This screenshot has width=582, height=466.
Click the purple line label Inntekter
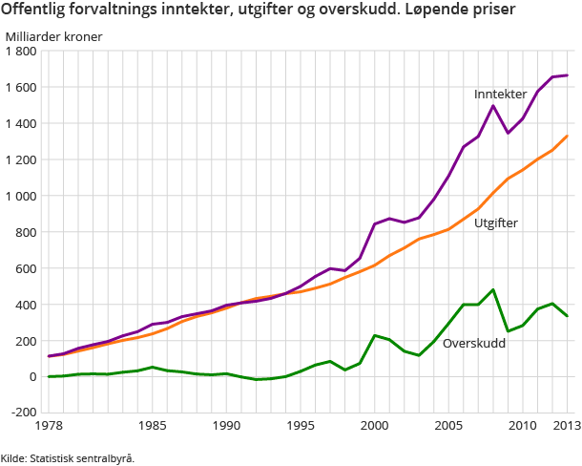pyautogui.click(x=500, y=95)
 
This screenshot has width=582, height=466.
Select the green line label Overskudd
pyautogui.click(x=474, y=342)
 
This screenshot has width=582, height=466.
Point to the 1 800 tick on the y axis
pyautogui.click(x=20, y=52)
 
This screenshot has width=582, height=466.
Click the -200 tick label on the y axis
pyautogui.click(x=20, y=413)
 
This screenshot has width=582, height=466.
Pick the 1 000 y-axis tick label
pyautogui.click(x=20, y=196)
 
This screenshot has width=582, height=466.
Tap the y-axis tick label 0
pyautogui.click(x=31, y=377)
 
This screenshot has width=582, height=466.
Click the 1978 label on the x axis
pyautogui.click(x=49, y=427)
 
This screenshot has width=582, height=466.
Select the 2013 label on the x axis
pyautogui.click(x=567, y=427)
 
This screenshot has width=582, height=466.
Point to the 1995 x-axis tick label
pyautogui.click(x=301, y=427)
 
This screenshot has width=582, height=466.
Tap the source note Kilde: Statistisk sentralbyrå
pyautogui.click(x=68, y=458)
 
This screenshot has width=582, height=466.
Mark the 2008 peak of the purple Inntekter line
pyautogui.click(x=493, y=106)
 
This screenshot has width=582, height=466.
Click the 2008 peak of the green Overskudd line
pyautogui.click(x=493, y=289)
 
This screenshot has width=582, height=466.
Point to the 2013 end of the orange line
pyautogui.click(x=567, y=136)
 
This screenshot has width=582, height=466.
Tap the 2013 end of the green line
pyautogui.click(x=567, y=316)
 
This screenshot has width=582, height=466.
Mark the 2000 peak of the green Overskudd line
pyautogui.click(x=375, y=335)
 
